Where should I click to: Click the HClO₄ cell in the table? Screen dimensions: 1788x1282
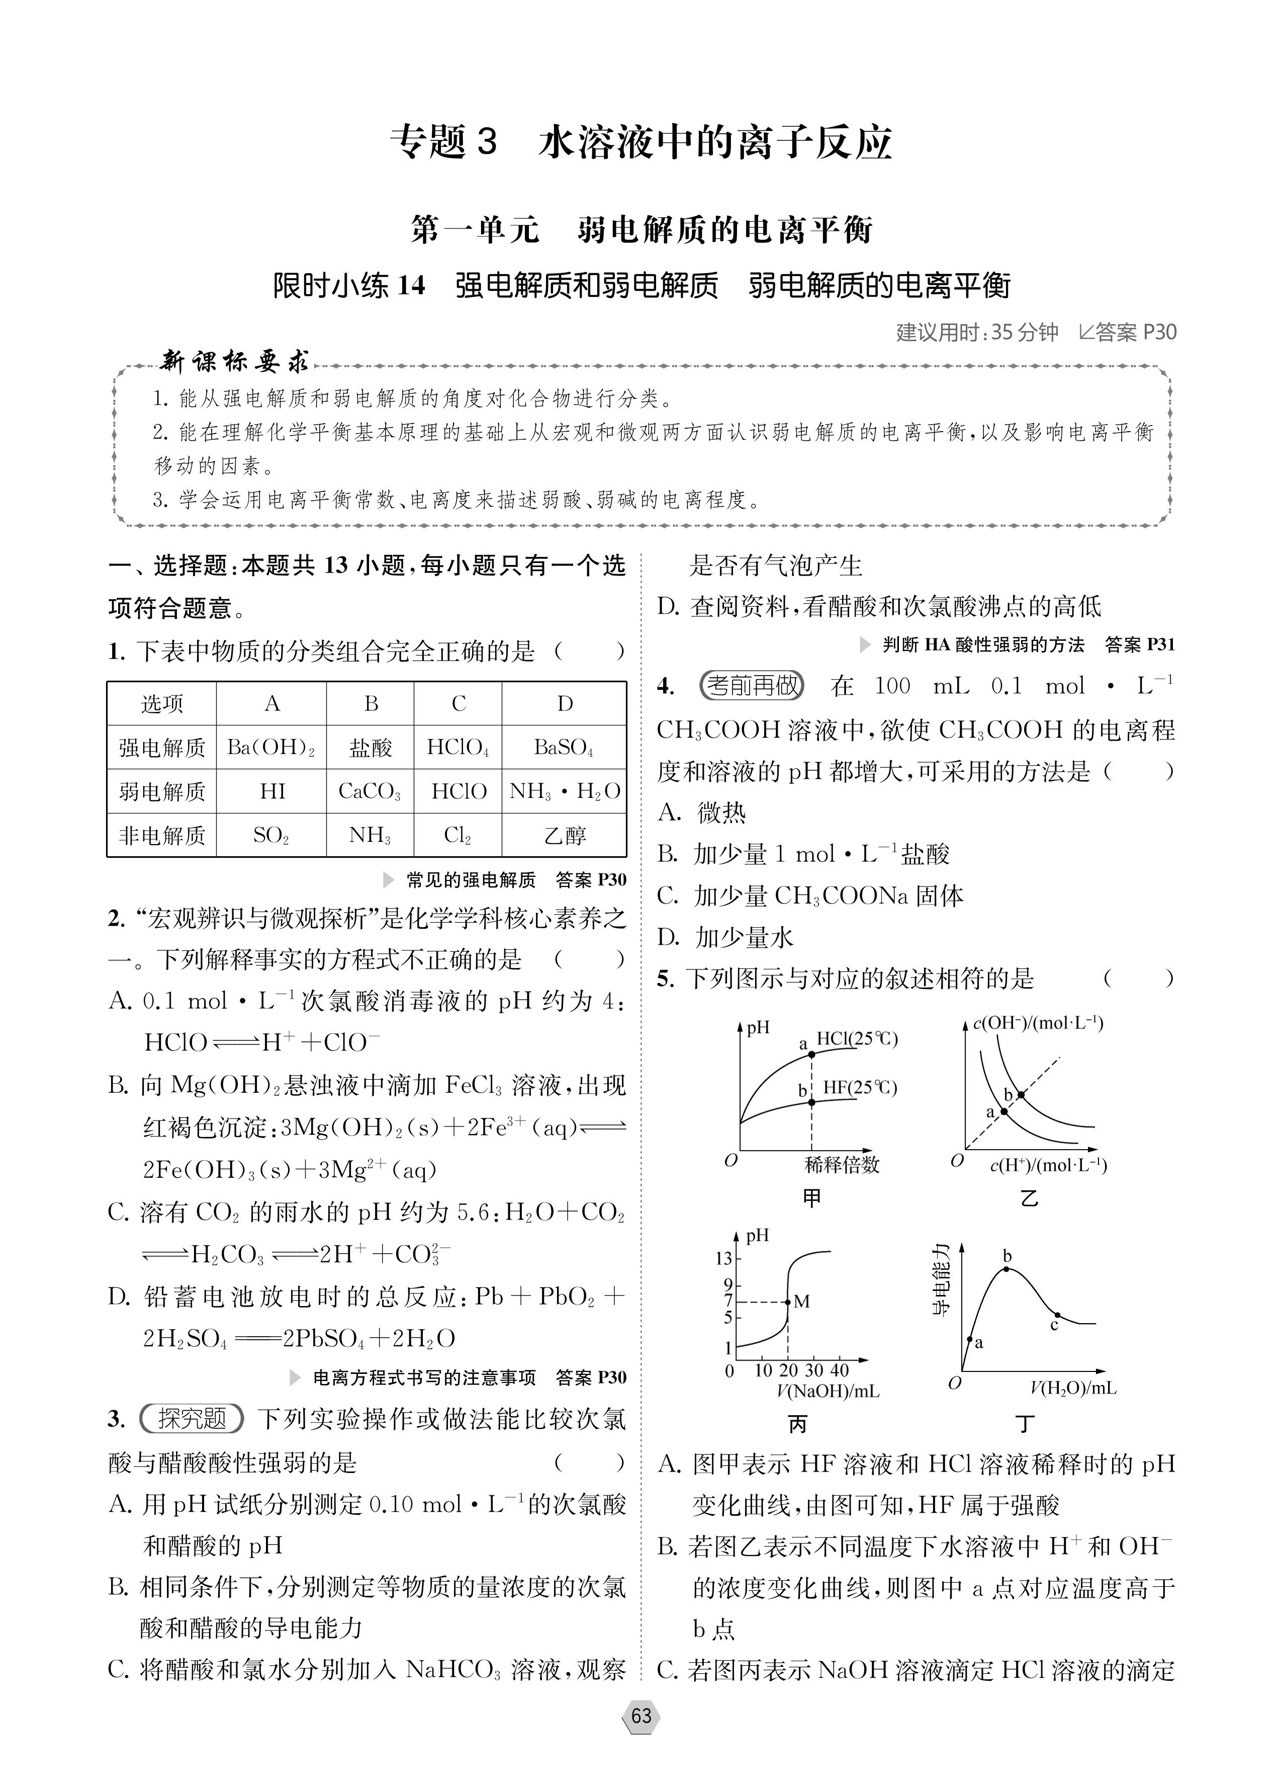pyautogui.click(x=458, y=748)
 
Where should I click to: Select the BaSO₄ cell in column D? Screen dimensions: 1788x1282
pyautogui.click(x=564, y=748)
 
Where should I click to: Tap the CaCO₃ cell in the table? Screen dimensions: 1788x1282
pyautogui.click(x=370, y=791)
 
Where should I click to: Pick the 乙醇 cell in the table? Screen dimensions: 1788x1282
pyautogui.click(x=564, y=836)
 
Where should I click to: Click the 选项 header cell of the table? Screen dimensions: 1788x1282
pyautogui.click(x=161, y=704)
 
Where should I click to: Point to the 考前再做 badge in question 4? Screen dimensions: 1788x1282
pyautogui.click(x=751, y=686)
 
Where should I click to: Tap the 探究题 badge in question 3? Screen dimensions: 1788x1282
pyautogui.click(x=192, y=1419)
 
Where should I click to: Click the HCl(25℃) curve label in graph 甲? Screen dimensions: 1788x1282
pyautogui.click(x=857, y=1039)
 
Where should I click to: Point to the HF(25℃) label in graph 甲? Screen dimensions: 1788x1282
pyautogui.click(x=860, y=1088)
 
